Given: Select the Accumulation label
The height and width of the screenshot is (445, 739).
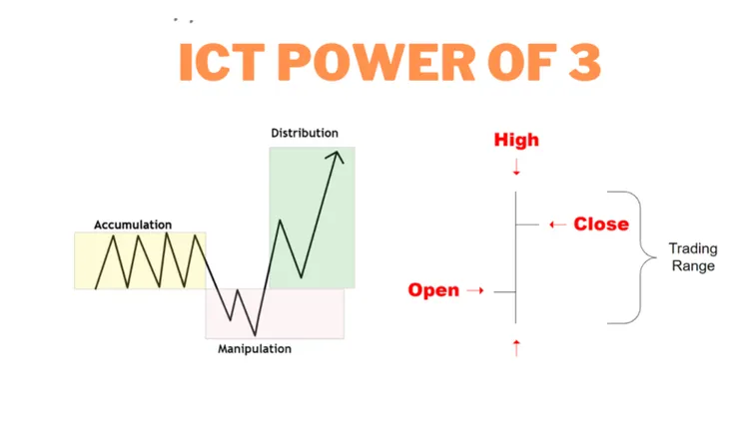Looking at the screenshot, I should (x=133, y=224).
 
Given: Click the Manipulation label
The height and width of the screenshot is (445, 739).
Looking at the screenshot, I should (x=255, y=349).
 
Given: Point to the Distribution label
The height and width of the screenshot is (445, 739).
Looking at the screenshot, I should (x=305, y=133).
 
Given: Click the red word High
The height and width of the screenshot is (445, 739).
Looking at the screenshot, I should (x=516, y=140).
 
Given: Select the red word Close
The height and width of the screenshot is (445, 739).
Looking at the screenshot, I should (x=601, y=224).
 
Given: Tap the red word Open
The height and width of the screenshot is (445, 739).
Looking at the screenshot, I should (x=433, y=290).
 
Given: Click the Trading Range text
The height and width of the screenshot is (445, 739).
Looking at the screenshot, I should (x=691, y=257).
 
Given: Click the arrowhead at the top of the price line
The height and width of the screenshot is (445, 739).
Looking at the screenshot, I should (x=339, y=155).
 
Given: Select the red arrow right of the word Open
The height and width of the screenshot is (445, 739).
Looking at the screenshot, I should (x=475, y=291).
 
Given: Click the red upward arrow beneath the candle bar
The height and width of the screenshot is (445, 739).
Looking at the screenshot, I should (x=516, y=346).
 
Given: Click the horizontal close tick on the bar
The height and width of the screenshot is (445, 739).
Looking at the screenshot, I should (x=527, y=224).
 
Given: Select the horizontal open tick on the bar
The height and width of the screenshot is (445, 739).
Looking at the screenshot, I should (x=505, y=291).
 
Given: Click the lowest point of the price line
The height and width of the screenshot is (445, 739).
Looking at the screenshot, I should (x=256, y=334).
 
